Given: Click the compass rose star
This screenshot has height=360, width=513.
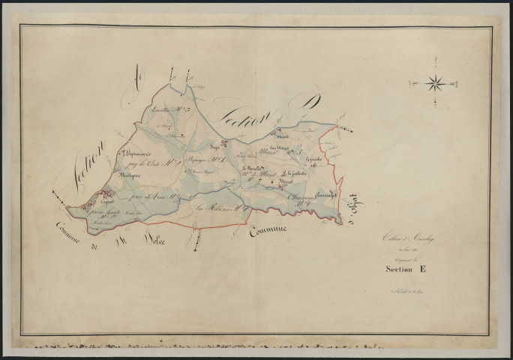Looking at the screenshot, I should coord(435,82).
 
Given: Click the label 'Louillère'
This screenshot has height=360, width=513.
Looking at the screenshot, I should coord(162,110).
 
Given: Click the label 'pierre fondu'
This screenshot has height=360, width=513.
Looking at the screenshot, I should coord(101,213).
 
